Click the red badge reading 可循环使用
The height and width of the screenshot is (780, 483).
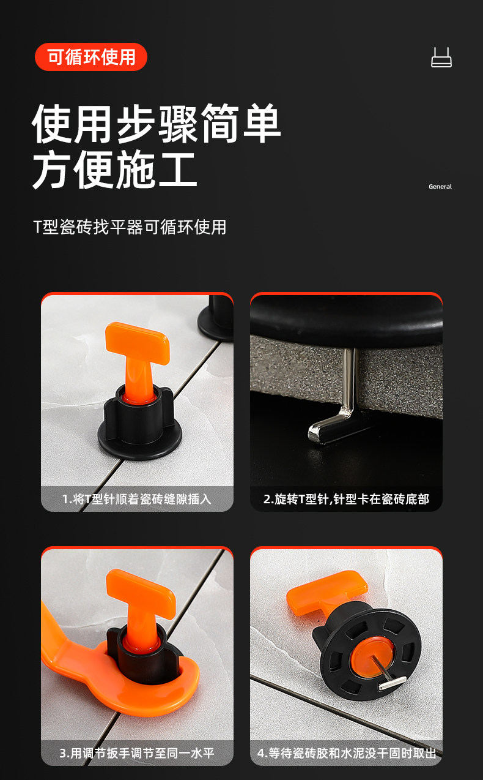pyautogui.click(x=91, y=57)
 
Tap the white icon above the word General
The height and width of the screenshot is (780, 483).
pyautogui.click(x=441, y=58)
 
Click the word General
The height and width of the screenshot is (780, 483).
pyautogui.click(x=440, y=187)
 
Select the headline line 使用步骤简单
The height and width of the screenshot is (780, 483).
pyautogui.click(x=157, y=123)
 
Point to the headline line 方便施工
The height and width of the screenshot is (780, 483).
pyautogui.click(x=115, y=170)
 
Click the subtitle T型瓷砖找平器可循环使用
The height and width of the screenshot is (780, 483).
pyautogui.click(x=130, y=227)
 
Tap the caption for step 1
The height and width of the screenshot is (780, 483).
pyautogui.click(x=137, y=499)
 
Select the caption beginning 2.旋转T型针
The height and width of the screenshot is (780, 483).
pyautogui.click(x=346, y=499)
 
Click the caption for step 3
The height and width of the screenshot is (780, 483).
pyautogui.click(x=137, y=753)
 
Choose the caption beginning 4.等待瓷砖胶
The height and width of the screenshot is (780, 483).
pyautogui.click(x=346, y=753)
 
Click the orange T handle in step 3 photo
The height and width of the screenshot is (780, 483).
pyautogui.click(x=141, y=609)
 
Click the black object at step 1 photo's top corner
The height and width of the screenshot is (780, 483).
pyautogui.click(x=217, y=318)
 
